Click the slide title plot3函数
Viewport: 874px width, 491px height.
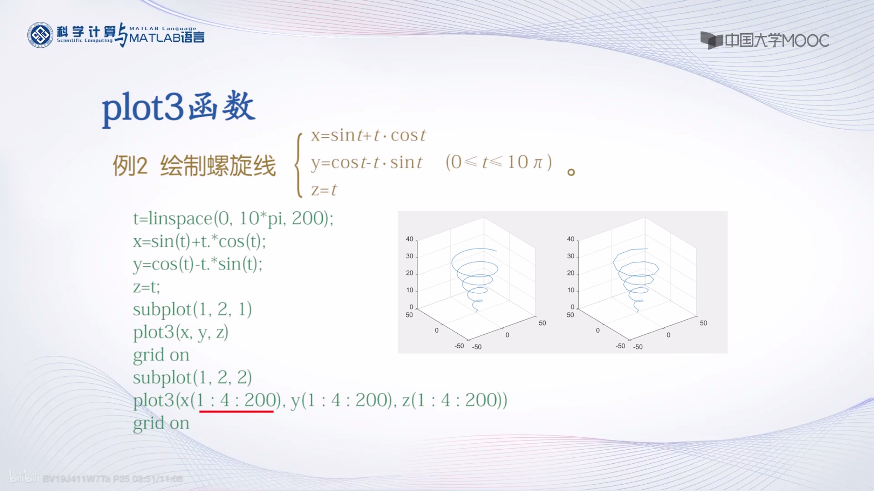click(178, 107)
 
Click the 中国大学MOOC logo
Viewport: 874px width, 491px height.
click(765, 40)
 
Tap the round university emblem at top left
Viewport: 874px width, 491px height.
click(40, 35)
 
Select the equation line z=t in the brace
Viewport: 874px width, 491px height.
click(323, 190)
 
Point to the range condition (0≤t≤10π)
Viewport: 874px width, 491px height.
click(498, 162)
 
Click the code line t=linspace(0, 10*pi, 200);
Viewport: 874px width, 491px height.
click(233, 218)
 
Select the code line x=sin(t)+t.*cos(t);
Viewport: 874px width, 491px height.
click(199, 241)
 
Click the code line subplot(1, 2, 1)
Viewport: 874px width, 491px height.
click(192, 309)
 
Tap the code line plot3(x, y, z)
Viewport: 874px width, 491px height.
click(181, 332)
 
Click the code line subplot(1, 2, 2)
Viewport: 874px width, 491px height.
click(192, 378)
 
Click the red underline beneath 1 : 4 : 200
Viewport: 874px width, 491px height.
click(236, 411)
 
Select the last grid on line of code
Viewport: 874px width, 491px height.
click(161, 423)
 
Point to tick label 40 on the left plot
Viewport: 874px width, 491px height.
click(409, 239)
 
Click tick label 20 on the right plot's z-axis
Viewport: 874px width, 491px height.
click(571, 273)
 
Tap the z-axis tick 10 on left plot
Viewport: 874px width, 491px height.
click(409, 290)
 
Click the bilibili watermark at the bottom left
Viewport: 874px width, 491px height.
click(24, 477)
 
